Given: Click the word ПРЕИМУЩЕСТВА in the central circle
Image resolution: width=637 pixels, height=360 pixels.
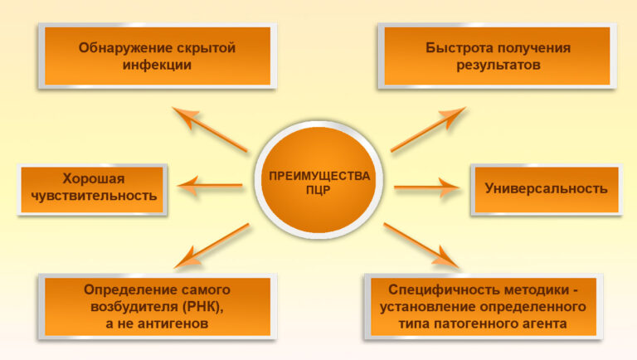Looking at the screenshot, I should [x=319, y=175].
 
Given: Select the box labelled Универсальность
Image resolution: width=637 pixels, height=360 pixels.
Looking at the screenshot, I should [x=546, y=188].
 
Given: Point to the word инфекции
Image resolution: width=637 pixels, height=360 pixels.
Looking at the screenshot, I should [x=158, y=64].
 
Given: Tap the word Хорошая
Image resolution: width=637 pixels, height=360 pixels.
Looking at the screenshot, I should [x=93, y=178].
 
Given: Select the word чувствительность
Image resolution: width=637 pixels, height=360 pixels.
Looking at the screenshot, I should [x=93, y=196].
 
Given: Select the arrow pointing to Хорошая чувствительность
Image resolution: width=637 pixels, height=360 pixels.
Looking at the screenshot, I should [x=212, y=187].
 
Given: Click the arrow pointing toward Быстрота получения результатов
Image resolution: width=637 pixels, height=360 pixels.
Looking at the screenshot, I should [x=428, y=129].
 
